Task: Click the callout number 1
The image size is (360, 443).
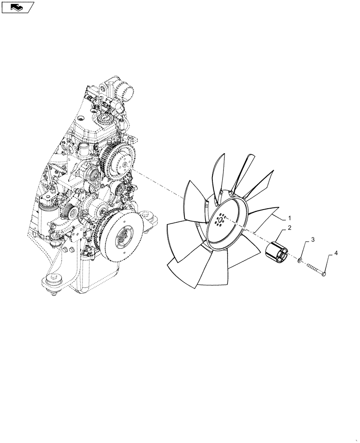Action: [290, 218]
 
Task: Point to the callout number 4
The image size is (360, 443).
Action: [336, 253]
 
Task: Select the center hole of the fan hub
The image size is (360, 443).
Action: [221, 220]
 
